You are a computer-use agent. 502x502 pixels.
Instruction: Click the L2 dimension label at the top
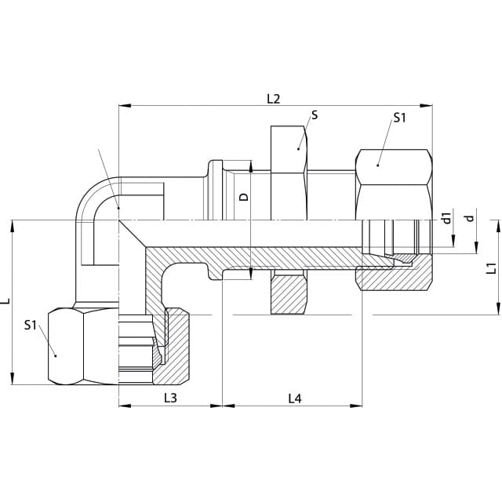[x=274, y=99]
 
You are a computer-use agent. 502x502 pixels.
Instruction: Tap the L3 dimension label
[x=170, y=398]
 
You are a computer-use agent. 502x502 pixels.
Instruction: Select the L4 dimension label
[x=295, y=398]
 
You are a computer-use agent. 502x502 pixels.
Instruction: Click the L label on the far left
[x=7, y=301]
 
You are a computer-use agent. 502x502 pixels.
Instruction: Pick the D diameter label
[x=244, y=197]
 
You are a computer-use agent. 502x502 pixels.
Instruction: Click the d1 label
[x=446, y=218]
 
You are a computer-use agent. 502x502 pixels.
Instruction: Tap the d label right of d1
[x=469, y=218]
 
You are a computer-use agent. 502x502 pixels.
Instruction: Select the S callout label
[x=315, y=115]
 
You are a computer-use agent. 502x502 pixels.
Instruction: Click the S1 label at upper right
[x=399, y=118]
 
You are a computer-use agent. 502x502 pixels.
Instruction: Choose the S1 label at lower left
[x=31, y=326]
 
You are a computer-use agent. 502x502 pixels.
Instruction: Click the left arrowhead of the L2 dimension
[x=125, y=105]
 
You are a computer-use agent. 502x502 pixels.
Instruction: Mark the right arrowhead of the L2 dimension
[x=426, y=105]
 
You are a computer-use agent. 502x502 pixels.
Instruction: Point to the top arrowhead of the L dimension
[x=13, y=227]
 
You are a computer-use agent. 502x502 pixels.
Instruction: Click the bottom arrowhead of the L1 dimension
[x=498, y=308]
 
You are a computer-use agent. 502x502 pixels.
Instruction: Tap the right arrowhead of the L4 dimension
[x=356, y=406]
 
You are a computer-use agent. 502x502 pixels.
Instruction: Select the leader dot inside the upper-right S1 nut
[x=378, y=166]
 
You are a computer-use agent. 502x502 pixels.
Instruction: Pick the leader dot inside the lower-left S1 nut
[x=55, y=355]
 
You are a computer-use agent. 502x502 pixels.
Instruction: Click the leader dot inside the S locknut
[x=298, y=148]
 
